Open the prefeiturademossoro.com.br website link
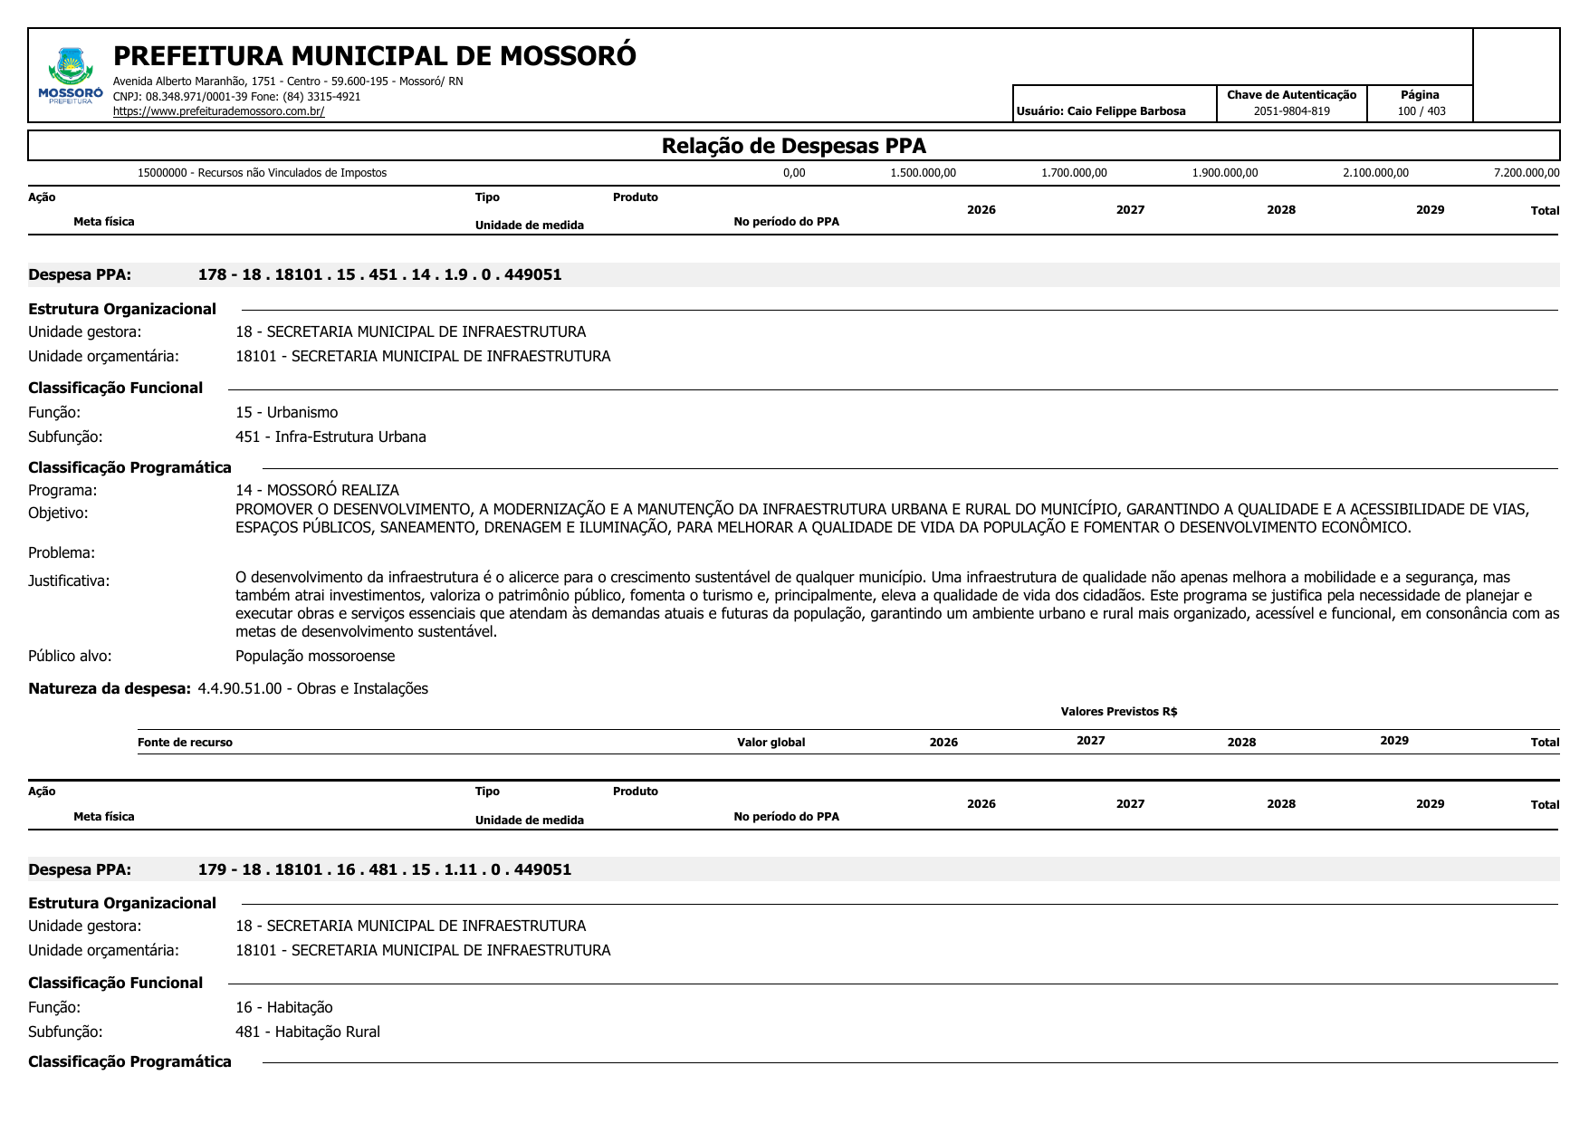[218, 111]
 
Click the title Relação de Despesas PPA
[793, 146]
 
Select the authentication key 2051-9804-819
[1291, 111]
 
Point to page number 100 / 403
[1421, 111]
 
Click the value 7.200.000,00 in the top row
[1526, 173]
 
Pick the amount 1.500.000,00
[923, 173]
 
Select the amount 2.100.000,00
[1375, 173]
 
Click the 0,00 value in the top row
[794, 173]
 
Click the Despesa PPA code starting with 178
[379, 274]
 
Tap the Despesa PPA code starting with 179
[384, 869]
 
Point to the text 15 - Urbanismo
[286, 412]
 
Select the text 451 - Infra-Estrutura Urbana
[330, 437]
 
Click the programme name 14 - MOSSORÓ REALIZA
[317, 490]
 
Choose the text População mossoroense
[315, 656]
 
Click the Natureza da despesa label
[110, 688]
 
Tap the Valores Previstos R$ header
[1118, 712]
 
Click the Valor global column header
[771, 743]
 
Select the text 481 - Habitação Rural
[308, 1032]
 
